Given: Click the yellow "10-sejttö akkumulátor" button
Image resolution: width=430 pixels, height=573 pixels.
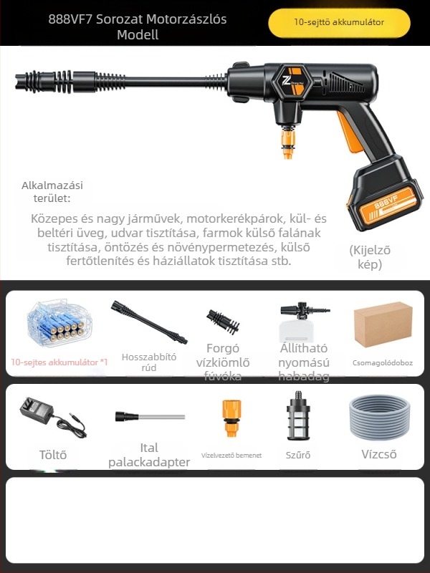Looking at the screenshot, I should tap(339, 22).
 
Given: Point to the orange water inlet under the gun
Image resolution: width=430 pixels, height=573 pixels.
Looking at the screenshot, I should tap(287, 143).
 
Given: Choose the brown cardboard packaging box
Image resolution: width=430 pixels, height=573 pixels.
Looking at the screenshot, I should tap(383, 324).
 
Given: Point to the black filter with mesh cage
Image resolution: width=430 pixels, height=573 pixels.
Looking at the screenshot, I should tap(297, 419).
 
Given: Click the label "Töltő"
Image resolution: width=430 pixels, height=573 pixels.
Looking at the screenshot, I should tap(52, 454).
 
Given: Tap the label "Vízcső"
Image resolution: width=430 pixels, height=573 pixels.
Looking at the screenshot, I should tap(379, 454).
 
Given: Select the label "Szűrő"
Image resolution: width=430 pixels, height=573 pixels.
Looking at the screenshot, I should tap(297, 455).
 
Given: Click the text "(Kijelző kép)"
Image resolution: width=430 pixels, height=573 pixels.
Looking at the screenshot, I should tap(370, 257).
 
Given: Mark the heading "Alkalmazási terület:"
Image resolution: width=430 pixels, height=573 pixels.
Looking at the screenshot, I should tap(52, 192).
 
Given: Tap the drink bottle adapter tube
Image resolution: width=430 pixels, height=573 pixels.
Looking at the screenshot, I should tap(149, 416).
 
